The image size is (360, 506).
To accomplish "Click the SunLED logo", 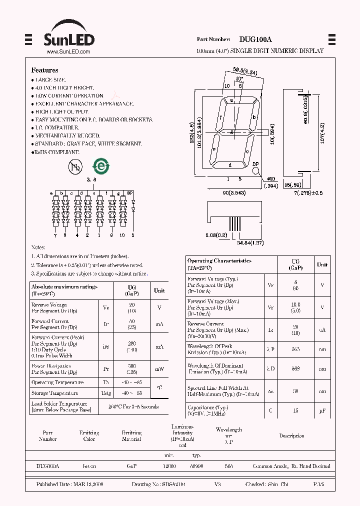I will (x=67, y=35).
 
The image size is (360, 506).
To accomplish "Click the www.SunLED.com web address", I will (x=68, y=51).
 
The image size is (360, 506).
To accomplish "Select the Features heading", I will (x=45, y=70).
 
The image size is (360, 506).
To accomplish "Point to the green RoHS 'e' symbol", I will (x=101, y=167).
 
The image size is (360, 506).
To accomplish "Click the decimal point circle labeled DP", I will (x=255, y=170).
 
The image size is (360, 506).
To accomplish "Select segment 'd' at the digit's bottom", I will (x=229, y=165).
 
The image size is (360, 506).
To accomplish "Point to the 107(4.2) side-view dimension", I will (x=322, y=134).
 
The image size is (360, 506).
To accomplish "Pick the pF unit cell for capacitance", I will (x=322, y=411).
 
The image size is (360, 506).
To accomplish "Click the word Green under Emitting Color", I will (x=89, y=466).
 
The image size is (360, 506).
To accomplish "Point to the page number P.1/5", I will (x=318, y=485).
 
